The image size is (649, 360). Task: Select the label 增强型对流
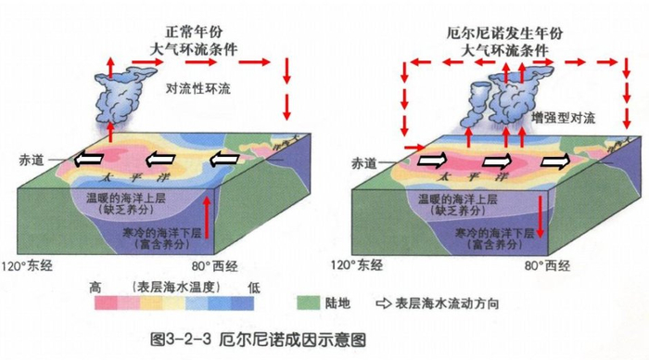pyautogui.click(x=563, y=118)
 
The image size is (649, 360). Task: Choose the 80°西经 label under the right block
pyautogui.click(x=545, y=265)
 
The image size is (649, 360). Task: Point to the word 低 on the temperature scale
pyautogui.click(x=253, y=286)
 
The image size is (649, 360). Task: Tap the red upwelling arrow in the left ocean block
pyautogui.click(x=207, y=224)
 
